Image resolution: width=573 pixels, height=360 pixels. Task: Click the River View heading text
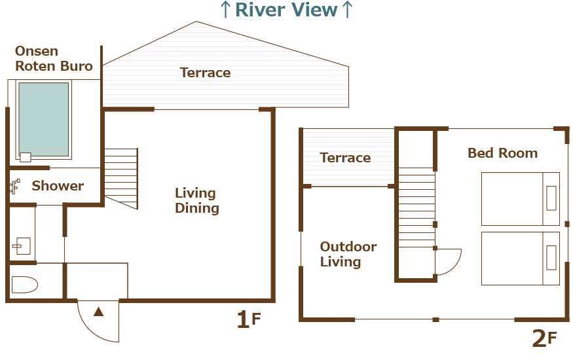286,10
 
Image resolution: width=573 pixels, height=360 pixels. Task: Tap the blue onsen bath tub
43,119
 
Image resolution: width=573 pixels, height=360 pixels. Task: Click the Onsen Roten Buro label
54,58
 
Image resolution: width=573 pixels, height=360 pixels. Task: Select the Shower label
58,186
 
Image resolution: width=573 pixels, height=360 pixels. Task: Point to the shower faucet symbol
15,186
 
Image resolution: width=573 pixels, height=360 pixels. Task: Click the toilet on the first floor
24,285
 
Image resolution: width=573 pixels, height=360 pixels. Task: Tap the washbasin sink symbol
22,245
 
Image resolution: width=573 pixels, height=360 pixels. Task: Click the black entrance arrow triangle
99,312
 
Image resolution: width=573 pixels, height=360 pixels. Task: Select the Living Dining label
197,200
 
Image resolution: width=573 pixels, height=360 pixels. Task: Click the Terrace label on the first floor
206,73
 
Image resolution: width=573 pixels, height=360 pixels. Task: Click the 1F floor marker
248,319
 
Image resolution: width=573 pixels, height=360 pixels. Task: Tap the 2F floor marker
544,338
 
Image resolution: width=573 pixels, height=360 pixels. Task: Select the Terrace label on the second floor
345,158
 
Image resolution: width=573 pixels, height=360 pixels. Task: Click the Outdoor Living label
348,254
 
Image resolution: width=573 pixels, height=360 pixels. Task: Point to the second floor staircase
416,207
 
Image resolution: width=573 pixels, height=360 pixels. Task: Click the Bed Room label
503,153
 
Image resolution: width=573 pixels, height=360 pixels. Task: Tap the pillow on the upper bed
551,198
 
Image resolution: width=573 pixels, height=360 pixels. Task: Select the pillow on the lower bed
551,258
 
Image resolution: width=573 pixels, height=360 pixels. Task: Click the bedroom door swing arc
455,266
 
